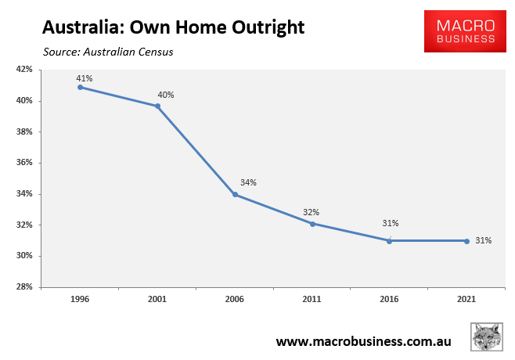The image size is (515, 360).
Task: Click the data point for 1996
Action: pyautogui.click(x=81, y=87)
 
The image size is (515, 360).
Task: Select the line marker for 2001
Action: pyautogui.click(x=158, y=106)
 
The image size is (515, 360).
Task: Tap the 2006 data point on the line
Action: pyautogui.click(x=235, y=194)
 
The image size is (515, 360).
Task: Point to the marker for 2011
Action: pyautogui.click(x=312, y=224)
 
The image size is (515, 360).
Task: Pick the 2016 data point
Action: pyautogui.click(x=389, y=240)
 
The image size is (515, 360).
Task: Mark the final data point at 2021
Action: pyautogui.click(x=466, y=240)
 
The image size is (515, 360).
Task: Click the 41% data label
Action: pyautogui.click(x=85, y=77)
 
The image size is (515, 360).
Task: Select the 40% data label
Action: pyautogui.click(x=165, y=95)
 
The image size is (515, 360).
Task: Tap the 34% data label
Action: pyautogui.click(x=248, y=182)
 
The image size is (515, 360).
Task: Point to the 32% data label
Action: pyautogui.click(x=311, y=212)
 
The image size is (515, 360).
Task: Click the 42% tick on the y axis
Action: pyautogui.click(x=24, y=70)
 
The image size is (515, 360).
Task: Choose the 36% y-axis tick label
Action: pyautogui.click(x=24, y=163)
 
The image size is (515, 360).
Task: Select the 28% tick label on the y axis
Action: pyautogui.click(x=24, y=287)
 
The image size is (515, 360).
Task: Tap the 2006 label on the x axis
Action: pyautogui.click(x=235, y=298)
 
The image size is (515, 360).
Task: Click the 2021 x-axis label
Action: pyautogui.click(x=466, y=298)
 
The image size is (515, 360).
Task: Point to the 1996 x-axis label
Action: pyautogui.click(x=81, y=298)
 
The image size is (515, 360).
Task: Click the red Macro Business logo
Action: pyautogui.click(x=459, y=31)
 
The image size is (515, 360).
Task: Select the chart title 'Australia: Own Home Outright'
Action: pyautogui.click(x=174, y=28)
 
